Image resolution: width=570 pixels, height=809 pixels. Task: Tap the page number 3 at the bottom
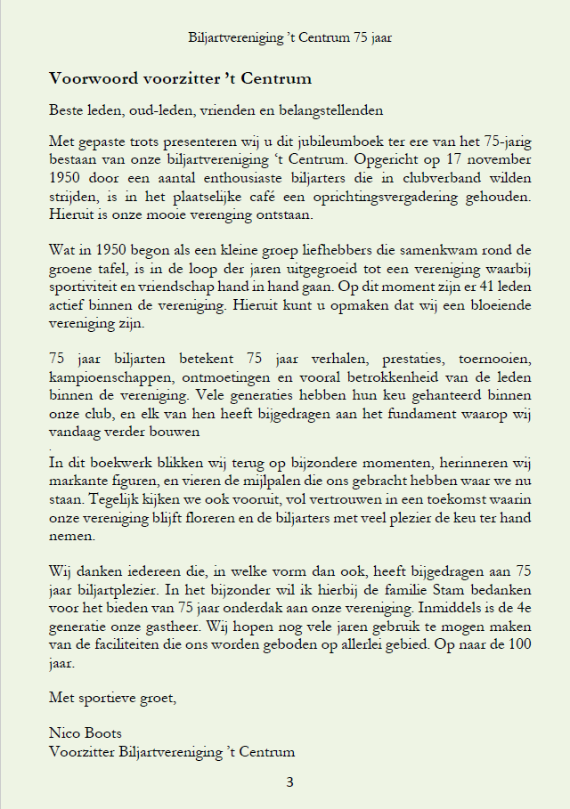(289, 782)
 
